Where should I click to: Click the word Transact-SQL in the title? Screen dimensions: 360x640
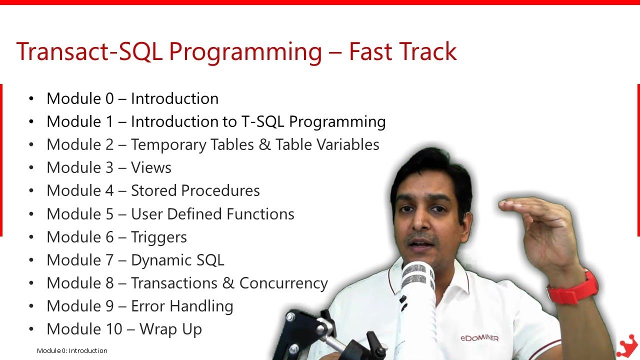(x=89, y=52)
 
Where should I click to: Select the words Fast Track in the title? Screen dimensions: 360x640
(x=402, y=52)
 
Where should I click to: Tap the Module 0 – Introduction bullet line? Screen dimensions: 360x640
(x=132, y=98)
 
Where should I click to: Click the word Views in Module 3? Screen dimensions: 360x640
(x=151, y=167)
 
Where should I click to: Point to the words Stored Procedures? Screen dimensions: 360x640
(x=195, y=190)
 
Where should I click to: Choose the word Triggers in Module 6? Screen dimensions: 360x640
(x=158, y=237)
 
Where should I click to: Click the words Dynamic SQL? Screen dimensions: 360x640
(x=177, y=260)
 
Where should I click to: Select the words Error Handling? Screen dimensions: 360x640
(x=182, y=306)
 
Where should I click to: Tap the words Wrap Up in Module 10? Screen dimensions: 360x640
(x=170, y=329)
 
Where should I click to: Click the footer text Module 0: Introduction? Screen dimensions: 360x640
(x=72, y=350)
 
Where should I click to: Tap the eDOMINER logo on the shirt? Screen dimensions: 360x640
(x=479, y=338)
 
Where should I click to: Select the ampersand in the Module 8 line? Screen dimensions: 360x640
(x=228, y=283)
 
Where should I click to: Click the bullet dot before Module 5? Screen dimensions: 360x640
(x=32, y=214)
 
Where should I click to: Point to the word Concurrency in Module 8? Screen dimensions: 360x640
(x=283, y=283)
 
